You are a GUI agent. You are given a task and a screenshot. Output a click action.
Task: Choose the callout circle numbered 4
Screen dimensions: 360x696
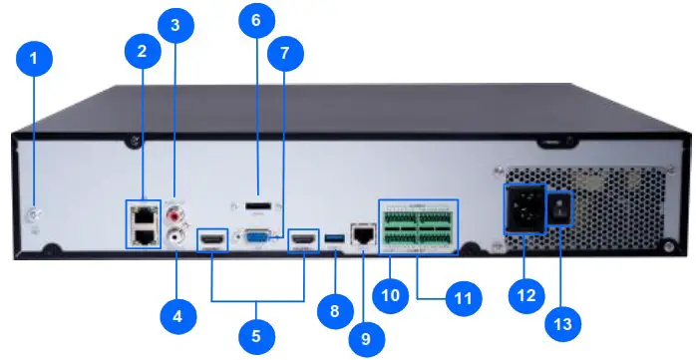point(177,317)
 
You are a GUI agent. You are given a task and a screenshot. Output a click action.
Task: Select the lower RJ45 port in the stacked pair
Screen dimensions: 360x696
point(145,234)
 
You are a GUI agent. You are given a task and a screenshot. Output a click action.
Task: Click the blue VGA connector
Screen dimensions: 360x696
point(257,238)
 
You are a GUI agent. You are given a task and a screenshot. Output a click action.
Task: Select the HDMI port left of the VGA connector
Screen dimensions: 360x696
point(212,240)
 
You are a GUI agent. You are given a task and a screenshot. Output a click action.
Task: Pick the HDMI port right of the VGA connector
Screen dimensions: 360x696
point(302,240)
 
